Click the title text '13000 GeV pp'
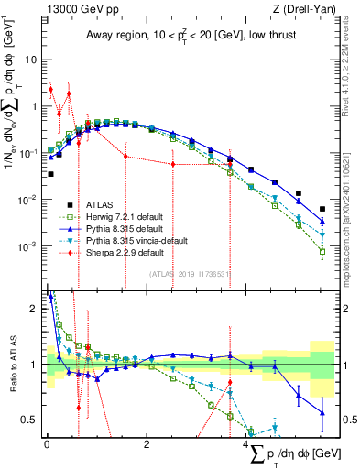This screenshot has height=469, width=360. pyautogui.click(x=75, y=9)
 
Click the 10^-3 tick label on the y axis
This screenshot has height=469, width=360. pyautogui.click(x=29, y=246)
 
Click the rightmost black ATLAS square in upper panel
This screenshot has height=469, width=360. pyautogui.click(x=322, y=209)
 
